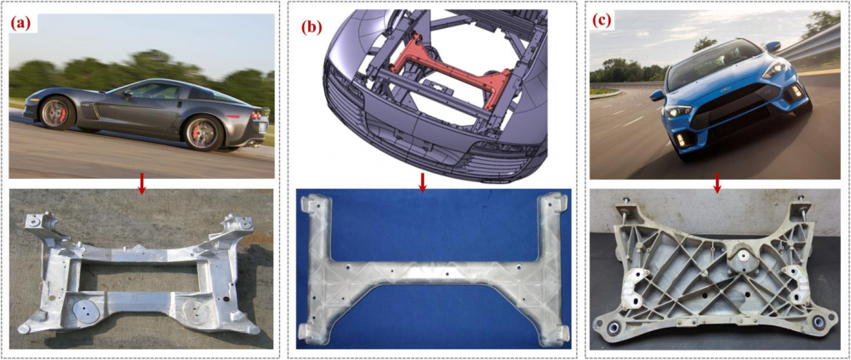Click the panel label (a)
pyautogui.click(x=23, y=25)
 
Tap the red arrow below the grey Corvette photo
pyautogui.click(x=142, y=186)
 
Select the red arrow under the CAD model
pyautogui.click(x=423, y=183)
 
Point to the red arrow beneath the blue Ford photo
pyautogui.click(x=717, y=186)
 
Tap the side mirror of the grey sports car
pyautogui.click(x=127, y=94)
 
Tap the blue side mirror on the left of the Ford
pyautogui.click(x=657, y=95)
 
